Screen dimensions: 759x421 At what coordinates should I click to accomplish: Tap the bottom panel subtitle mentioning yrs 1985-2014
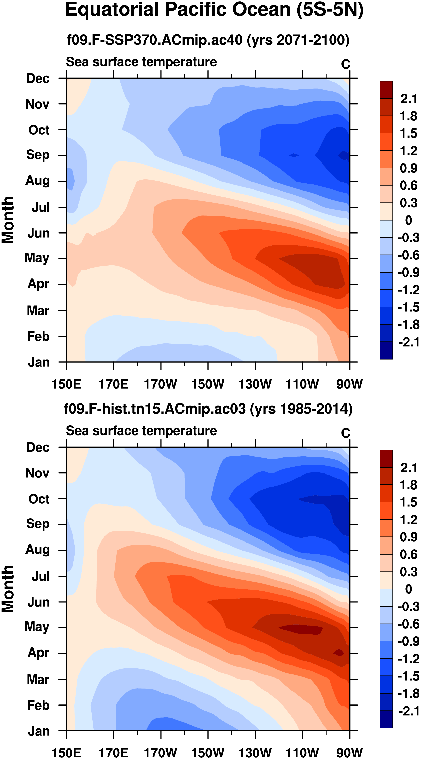coord(208,409)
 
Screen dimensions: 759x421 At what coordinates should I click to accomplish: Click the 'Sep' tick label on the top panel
coord(38,155)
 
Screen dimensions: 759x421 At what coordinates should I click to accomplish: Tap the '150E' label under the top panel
coord(66,384)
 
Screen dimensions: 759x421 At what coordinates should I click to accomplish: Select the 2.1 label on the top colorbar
coord(409,99)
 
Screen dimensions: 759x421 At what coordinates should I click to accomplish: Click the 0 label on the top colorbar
coord(409,220)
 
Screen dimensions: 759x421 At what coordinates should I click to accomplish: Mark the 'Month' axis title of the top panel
coord(8,220)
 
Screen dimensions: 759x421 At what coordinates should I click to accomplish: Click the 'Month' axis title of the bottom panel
coord(8,589)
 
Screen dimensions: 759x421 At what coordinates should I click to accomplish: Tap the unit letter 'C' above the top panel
coord(346,64)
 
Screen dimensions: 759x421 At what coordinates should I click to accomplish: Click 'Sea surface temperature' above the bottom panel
coord(141,431)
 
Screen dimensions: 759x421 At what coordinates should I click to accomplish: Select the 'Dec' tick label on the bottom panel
coord(38,447)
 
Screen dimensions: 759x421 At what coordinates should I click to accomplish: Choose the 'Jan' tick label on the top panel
coord(39,362)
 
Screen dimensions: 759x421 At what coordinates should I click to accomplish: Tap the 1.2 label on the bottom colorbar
coord(409,520)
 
